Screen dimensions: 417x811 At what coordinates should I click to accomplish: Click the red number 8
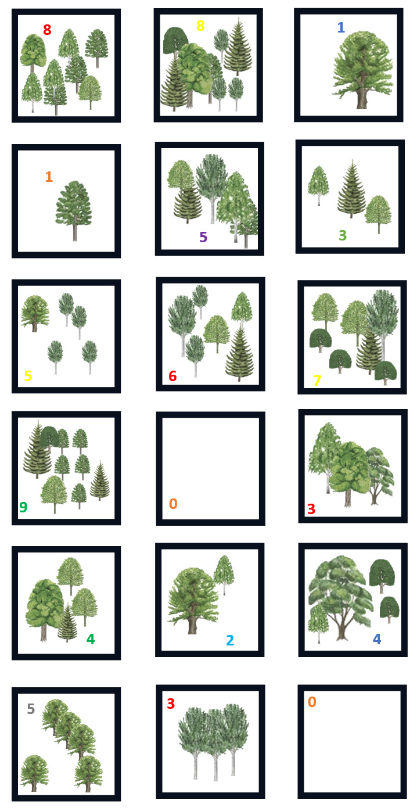click(x=47, y=30)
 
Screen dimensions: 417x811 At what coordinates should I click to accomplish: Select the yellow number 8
click(x=200, y=26)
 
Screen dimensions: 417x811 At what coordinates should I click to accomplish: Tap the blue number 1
click(x=340, y=27)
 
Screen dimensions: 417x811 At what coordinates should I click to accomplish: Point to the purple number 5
click(x=203, y=237)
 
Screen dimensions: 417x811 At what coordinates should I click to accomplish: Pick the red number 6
click(x=172, y=376)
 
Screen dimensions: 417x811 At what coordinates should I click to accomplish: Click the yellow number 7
click(x=317, y=381)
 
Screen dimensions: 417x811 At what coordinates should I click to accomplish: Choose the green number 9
click(x=24, y=507)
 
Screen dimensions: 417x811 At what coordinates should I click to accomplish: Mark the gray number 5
click(x=31, y=709)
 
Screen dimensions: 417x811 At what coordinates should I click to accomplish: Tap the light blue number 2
click(x=230, y=640)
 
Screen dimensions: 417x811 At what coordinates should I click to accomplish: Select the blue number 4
click(x=377, y=639)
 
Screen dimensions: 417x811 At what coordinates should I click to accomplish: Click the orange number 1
click(x=49, y=177)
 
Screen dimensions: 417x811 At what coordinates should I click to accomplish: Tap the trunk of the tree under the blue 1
click(x=362, y=98)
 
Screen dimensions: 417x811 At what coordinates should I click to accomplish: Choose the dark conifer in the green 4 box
click(x=67, y=622)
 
